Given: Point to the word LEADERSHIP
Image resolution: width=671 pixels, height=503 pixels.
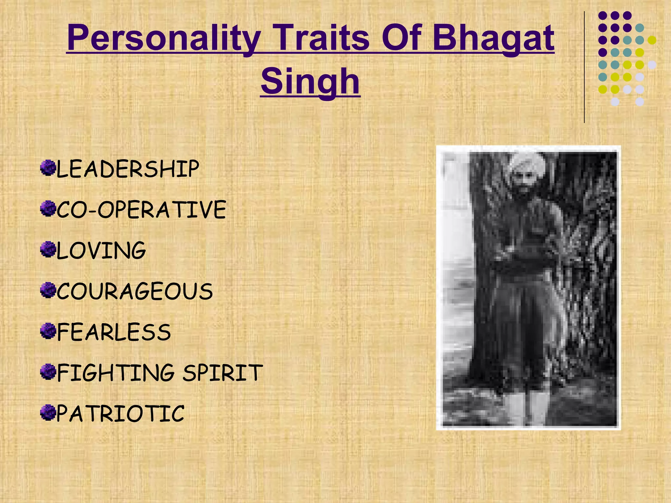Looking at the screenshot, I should pyautogui.click(x=128, y=169).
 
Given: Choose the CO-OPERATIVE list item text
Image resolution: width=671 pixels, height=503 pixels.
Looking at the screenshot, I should pyautogui.click(x=141, y=210).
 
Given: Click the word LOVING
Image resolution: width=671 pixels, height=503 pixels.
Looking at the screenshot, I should pyautogui.click(x=101, y=251).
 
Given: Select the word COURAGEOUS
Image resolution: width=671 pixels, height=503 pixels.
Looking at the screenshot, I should pyautogui.click(x=135, y=291).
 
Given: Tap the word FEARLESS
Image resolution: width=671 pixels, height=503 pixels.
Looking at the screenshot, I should pyautogui.click(x=114, y=332).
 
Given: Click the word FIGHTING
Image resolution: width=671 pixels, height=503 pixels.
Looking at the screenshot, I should pyautogui.click(x=116, y=373).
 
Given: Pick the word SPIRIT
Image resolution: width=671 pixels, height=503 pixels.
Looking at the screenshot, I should pyautogui.click(x=223, y=373).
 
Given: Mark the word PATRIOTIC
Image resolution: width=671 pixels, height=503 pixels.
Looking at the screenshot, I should pyautogui.click(x=121, y=414).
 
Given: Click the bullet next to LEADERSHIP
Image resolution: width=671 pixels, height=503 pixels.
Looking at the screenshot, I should pyautogui.click(x=48, y=168).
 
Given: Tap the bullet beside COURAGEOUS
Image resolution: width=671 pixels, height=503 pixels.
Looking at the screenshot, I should pyautogui.click(x=48, y=290).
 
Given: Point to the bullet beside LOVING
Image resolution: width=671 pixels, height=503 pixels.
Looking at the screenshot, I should pyautogui.click(x=48, y=250).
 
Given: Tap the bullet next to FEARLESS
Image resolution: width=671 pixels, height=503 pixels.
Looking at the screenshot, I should pyautogui.click(x=48, y=331).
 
